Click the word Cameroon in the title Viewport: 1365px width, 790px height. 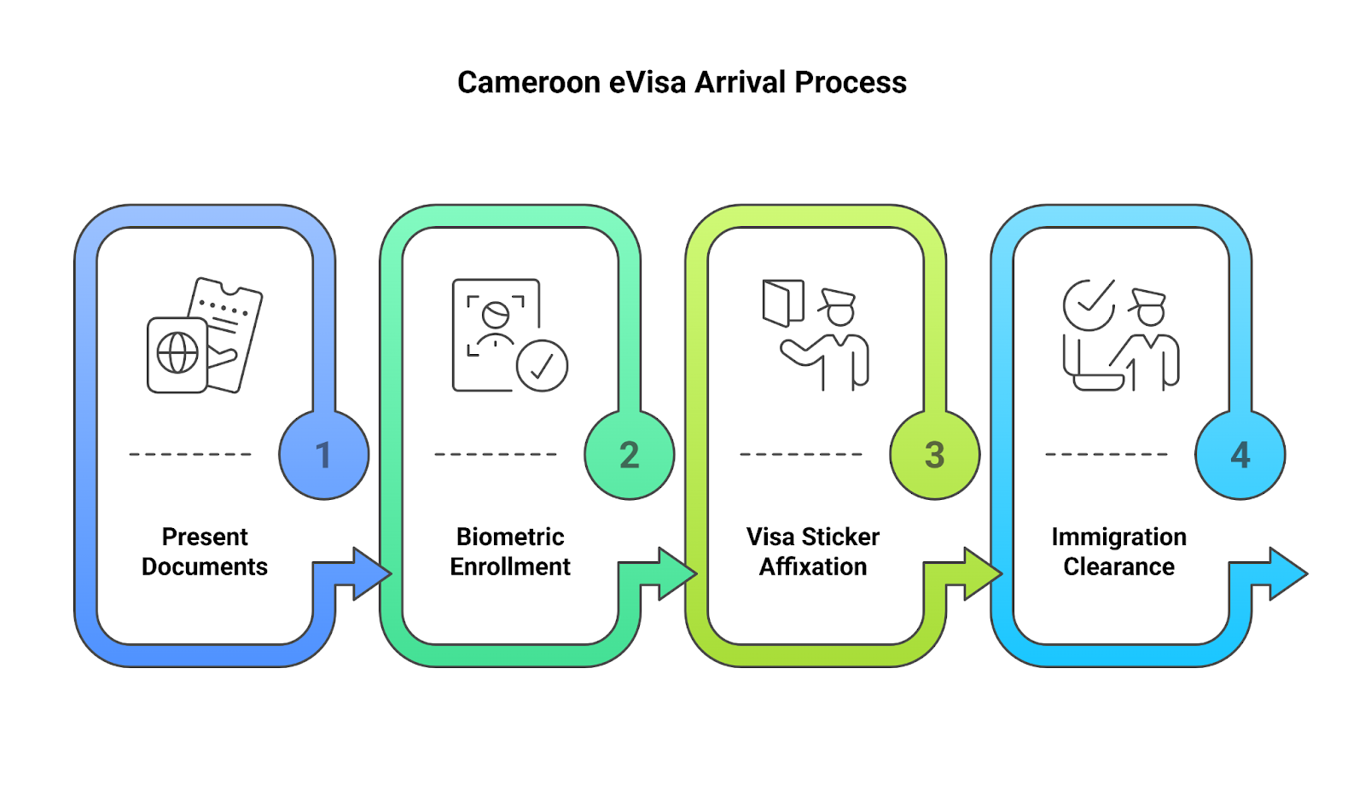(x=529, y=83)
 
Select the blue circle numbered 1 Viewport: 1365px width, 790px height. (x=324, y=455)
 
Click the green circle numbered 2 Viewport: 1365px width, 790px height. (x=630, y=455)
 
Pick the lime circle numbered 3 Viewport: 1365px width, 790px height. (x=935, y=455)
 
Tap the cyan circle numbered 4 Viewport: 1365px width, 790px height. (x=1240, y=455)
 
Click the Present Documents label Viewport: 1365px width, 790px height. (x=205, y=552)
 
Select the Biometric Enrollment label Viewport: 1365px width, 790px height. (x=510, y=552)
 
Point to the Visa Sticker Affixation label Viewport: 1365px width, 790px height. (x=813, y=552)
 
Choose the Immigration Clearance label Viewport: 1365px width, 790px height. (x=1118, y=552)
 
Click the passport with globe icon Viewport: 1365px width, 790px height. (x=177, y=354)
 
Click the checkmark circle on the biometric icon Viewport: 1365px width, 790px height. (x=542, y=366)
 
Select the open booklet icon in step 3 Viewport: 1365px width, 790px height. (x=783, y=303)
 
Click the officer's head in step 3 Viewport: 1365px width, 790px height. (x=839, y=309)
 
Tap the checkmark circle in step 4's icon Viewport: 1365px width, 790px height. (x=1089, y=305)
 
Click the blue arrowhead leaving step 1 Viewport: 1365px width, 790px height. (x=371, y=573)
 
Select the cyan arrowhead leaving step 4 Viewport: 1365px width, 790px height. (x=1287, y=573)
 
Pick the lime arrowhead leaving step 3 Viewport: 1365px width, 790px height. (x=982, y=573)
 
